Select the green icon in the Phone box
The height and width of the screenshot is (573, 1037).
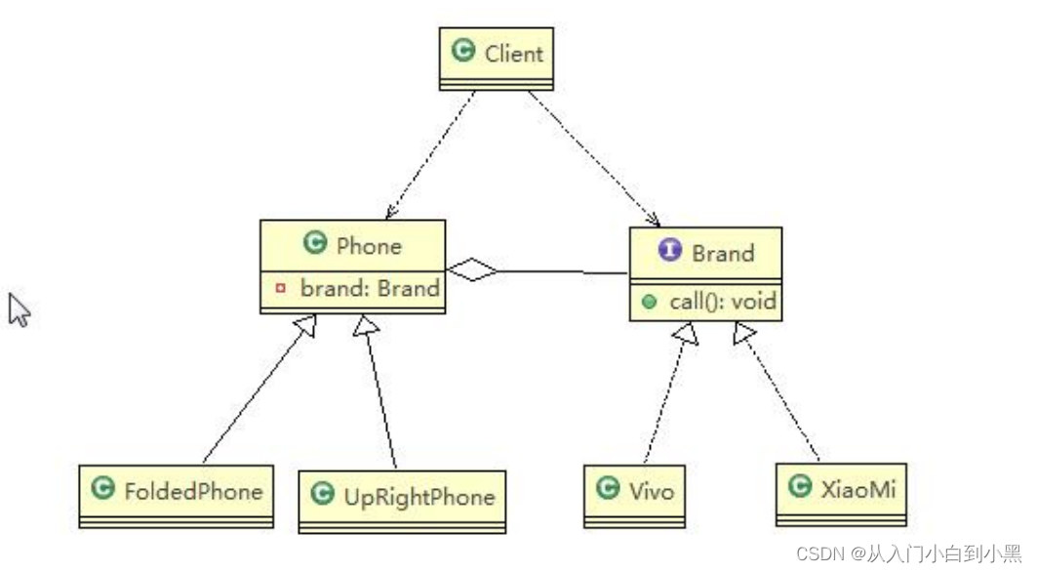(x=314, y=243)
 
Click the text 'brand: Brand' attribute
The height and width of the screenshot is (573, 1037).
(x=369, y=288)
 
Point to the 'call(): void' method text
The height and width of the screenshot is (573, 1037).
(x=722, y=302)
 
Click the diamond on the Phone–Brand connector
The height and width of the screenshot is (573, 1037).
(x=472, y=270)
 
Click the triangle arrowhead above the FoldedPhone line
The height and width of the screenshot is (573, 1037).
(x=305, y=327)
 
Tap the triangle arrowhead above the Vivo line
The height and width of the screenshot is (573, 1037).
(x=687, y=334)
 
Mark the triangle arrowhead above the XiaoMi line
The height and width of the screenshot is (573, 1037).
(x=743, y=334)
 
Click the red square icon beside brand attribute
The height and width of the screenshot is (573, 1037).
(x=281, y=289)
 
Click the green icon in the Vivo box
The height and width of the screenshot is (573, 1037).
(x=608, y=488)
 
